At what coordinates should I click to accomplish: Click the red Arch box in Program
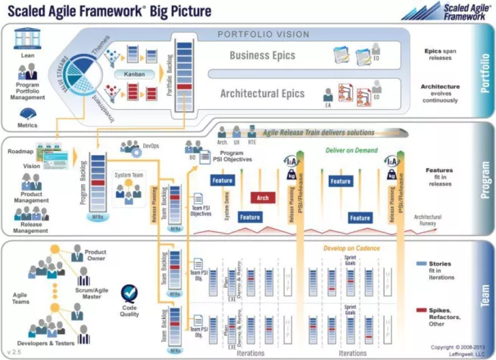point(263,197)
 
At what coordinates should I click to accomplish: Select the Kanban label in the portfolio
point(130,74)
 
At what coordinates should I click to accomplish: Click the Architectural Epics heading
point(262,94)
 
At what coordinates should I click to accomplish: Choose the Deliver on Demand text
point(353,150)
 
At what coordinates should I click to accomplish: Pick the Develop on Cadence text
point(352,249)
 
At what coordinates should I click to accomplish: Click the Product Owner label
point(95,255)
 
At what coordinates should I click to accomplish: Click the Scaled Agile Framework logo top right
point(448,11)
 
